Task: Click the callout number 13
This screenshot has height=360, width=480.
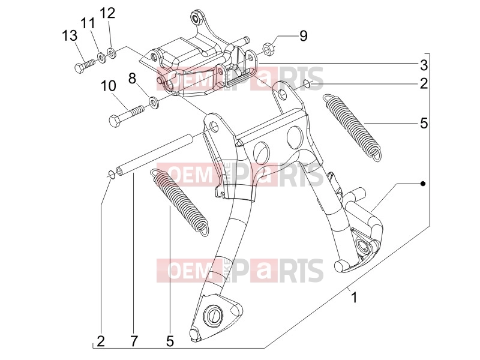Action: click(70, 36)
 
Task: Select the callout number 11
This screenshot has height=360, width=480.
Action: click(88, 23)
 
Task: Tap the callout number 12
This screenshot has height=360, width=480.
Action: click(107, 13)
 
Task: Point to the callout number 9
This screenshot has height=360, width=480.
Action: click(303, 36)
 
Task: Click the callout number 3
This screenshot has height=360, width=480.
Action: click(424, 65)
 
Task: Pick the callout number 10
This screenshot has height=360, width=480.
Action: click(109, 86)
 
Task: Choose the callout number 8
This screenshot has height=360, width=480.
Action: click(132, 79)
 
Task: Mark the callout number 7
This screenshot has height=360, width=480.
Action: click(134, 341)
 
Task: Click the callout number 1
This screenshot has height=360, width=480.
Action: click(354, 297)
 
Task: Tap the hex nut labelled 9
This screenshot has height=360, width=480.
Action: click(269, 50)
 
